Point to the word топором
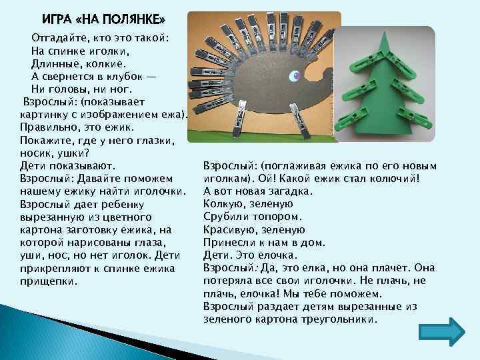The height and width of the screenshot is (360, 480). pyautogui.click(x=280, y=217)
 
